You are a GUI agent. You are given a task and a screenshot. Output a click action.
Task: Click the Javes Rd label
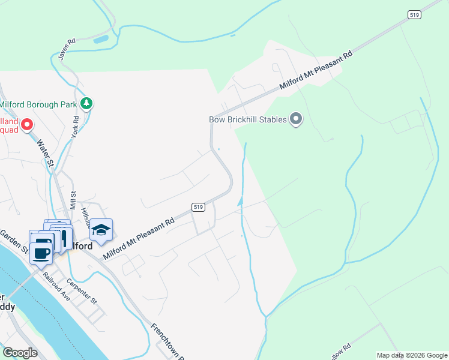[x=67, y=49]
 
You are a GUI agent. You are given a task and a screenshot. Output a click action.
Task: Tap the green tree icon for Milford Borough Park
[x=87, y=104]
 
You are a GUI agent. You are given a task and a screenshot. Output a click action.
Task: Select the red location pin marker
[x=26, y=125]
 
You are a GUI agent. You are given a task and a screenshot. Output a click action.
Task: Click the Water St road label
[x=46, y=154]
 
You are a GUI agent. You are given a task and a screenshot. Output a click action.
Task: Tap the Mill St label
[x=73, y=200]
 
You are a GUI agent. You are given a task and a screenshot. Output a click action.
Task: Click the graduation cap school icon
[x=101, y=230]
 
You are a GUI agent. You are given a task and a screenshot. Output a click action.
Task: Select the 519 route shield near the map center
[x=199, y=207]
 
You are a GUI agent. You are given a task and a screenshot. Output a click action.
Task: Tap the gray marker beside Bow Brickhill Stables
[x=295, y=119]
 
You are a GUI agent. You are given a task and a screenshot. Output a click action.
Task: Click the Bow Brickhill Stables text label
[x=247, y=119]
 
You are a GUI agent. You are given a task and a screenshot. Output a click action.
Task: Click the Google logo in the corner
[x=20, y=352]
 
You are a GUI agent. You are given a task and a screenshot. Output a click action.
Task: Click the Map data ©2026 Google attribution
[x=412, y=355]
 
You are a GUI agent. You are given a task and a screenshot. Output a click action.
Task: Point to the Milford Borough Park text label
[x=38, y=104]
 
